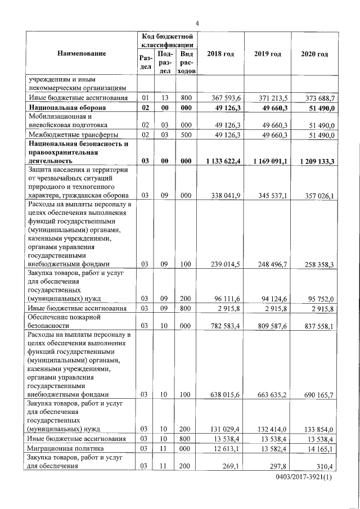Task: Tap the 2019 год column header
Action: tap(267, 53)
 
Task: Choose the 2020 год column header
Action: tap(314, 53)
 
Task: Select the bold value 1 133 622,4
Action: tap(223, 161)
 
